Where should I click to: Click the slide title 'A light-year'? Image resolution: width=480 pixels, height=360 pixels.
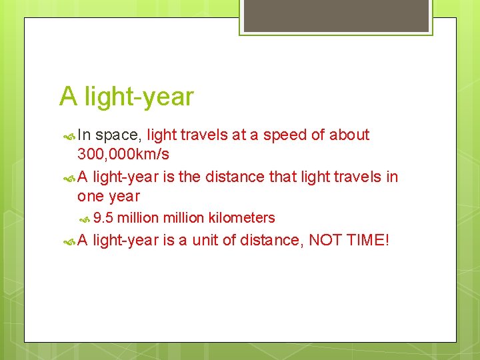click(126, 97)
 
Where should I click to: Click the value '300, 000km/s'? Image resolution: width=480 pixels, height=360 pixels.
click(123, 155)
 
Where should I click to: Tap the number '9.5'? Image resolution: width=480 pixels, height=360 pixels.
click(103, 218)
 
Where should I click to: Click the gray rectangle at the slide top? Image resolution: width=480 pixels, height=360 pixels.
click(335, 16)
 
